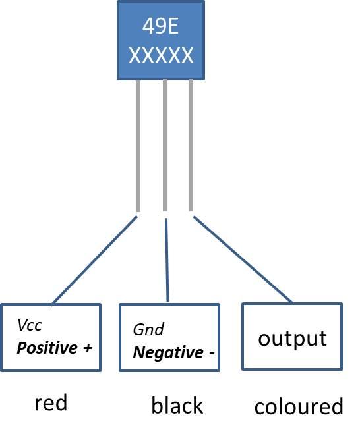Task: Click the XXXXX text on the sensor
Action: (x=161, y=55)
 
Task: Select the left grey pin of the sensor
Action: (x=138, y=145)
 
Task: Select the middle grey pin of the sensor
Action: (x=165, y=145)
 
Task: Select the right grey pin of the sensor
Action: (x=191, y=145)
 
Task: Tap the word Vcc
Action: (x=30, y=325)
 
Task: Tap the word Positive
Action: (x=46, y=348)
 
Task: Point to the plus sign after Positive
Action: (x=88, y=348)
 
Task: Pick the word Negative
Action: (x=167, y=353)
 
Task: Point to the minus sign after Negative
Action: (x=211, y=353)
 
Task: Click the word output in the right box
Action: (x=292, y=339)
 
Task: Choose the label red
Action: (x=51, y=403)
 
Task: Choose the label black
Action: (x=177, y=406)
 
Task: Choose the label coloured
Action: (x=299, y=406)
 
